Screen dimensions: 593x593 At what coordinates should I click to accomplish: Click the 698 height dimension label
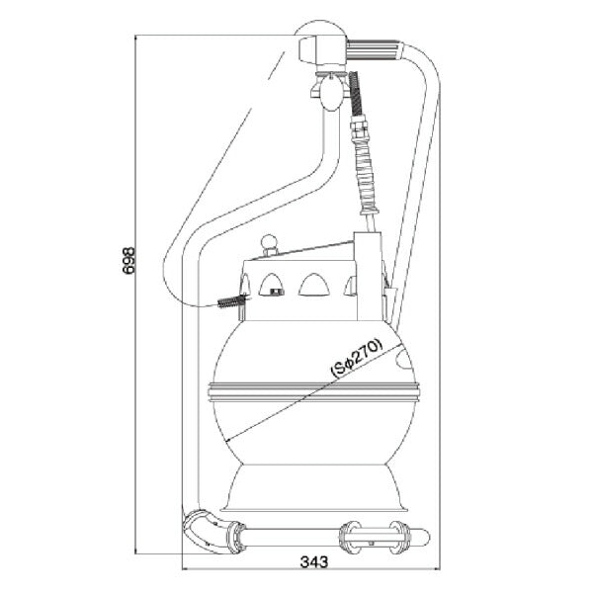point(128,261)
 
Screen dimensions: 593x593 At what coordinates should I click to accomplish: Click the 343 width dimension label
point(314,562)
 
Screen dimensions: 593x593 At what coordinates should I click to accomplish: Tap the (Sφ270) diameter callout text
point(357,358)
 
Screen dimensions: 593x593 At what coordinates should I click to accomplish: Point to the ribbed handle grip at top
point(373,50)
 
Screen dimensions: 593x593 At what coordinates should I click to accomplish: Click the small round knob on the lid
point(270,242)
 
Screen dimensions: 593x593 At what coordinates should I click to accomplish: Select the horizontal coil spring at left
point(231,301)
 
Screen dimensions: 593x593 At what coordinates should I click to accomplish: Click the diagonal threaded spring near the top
point(356,94)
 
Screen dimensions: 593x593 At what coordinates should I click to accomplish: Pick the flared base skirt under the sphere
point(314,488)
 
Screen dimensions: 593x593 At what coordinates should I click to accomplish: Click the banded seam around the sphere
point(313,391)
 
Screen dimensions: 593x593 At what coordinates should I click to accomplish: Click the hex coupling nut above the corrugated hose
point(359,127)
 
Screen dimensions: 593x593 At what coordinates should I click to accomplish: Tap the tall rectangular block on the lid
point(368,277)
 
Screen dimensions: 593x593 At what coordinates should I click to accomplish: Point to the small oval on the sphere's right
point(404,358)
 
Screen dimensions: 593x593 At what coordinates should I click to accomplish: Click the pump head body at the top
point(322,50)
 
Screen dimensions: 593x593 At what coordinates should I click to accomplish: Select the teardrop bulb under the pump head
point(331,94)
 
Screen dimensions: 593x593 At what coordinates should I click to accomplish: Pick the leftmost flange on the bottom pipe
point(236,538)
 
